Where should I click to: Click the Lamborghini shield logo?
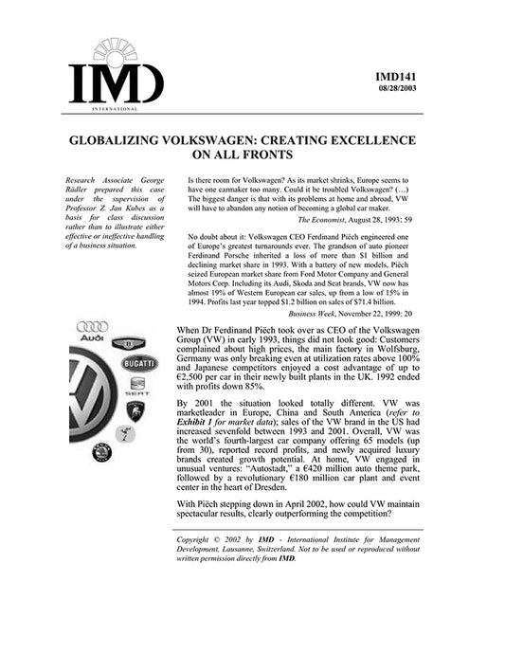[x=135, y=410]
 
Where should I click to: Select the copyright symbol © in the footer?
[x=226, y=539]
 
